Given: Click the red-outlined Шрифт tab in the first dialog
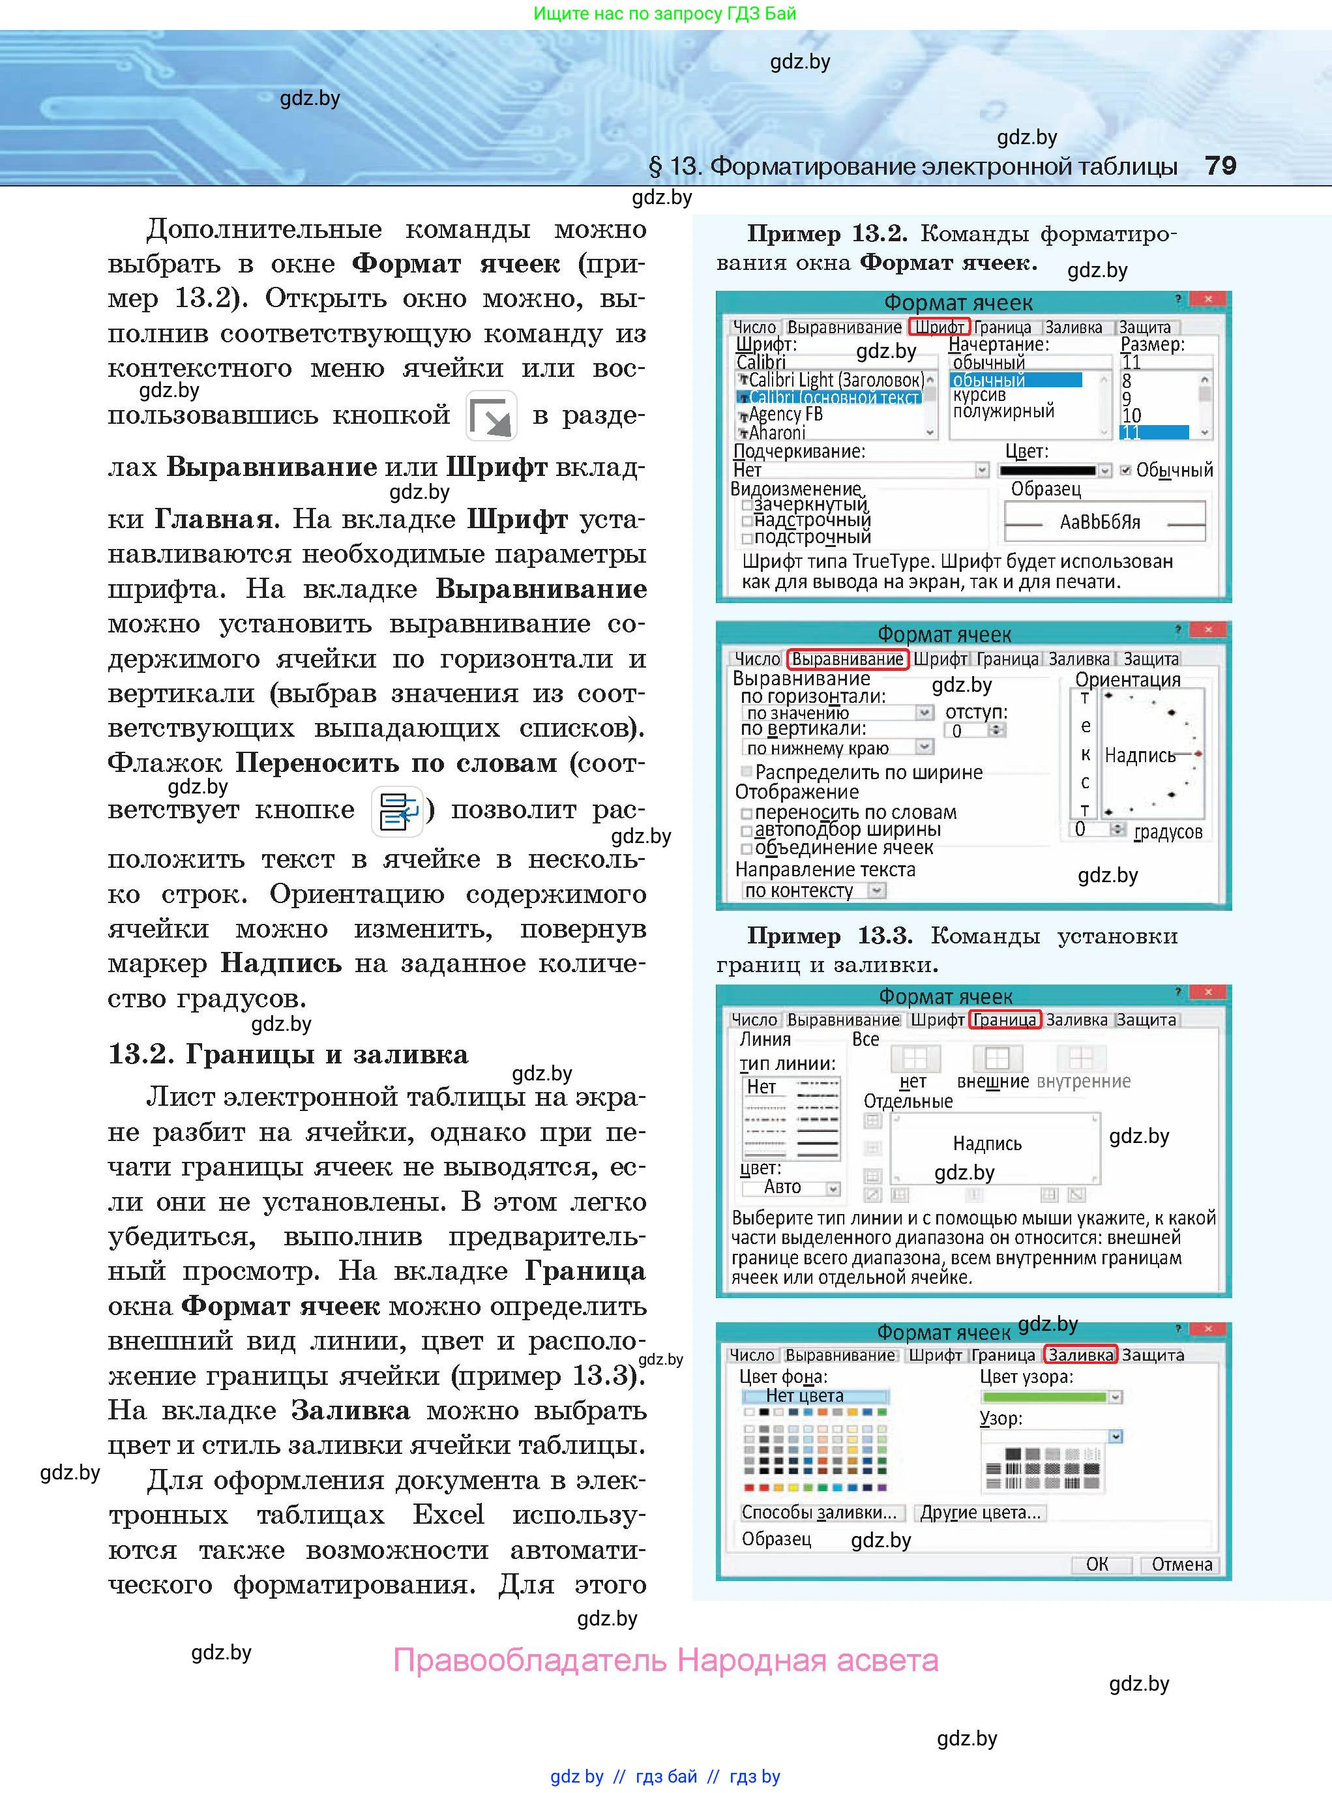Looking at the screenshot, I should pyautogui.click(x=938, y=327).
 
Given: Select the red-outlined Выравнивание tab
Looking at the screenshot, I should pyautogui.click(x=847, y=659).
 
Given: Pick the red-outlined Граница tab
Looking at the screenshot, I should pyautogui.click(x=1005, y=1020).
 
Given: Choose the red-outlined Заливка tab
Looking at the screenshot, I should pyautogui.click(x=1080, y=1356).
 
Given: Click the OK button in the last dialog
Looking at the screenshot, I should pyautogui.click(x=1097, y=1564).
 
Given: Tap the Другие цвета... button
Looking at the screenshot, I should pyautogui.click(x=981, y=1513).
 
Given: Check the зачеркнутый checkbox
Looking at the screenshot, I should pyautogui.click(x=747, y=505).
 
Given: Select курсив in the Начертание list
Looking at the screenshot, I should pyautogui.click(x=980, y=395).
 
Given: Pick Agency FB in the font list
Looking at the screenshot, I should pyautogui.click(x=786, y=415).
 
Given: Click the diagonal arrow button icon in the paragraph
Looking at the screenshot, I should pyautogui.click(x=491, y=416).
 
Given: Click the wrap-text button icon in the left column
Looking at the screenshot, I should pyautogui.click(x=398, y=810).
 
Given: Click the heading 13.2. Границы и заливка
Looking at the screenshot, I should pyautogui.click(x=288, y=1054).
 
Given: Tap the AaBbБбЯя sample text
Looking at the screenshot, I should pyautogui.click(x=1100, y=522).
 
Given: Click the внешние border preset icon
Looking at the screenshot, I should pyautogui.click(x=997, y=1059).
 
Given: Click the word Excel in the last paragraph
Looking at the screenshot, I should pyautogui.click(x=449, y=1515).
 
